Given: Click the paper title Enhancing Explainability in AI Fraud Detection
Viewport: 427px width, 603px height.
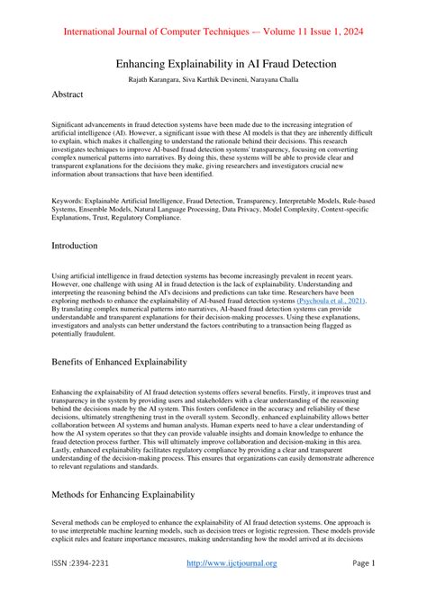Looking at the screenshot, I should [x=213, y=64].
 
